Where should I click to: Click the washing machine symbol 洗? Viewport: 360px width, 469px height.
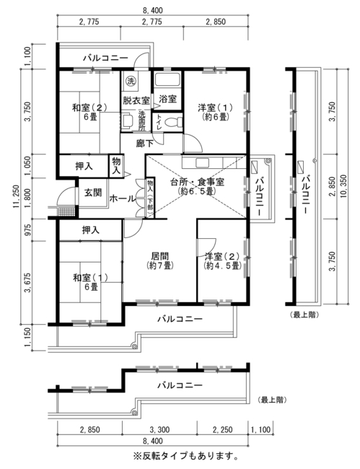pyautogui.click(x=130, y=81)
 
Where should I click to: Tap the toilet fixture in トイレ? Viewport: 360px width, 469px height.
pyautogui.click(x=173, y=122)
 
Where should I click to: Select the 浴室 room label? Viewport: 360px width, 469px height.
pyautogui.click(x=167, y=99)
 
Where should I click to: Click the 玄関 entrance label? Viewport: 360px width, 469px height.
pyautogui.click(x=93, y=193)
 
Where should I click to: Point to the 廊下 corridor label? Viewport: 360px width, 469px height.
pyautogui.click(x=145, y=144)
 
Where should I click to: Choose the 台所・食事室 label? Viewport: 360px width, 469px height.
pyautogui.click(x=197, y=182)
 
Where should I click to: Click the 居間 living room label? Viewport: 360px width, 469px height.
pyautogui.click(x=160, y=256)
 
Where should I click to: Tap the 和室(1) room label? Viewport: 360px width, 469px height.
pyautogui.click(x=90, y=278)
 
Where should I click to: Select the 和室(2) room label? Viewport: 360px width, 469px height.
pyautogui.click(x=89, y=108)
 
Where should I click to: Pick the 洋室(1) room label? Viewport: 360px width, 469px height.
pyautogui.click(x=215, y=107)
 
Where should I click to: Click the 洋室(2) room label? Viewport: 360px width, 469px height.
pyautogui.click(x=222, y=256)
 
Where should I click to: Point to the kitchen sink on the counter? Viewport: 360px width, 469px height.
pyautogui.click(x=203, y=162)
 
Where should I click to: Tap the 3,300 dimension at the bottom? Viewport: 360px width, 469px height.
pyautogui.click(x=159, y=430)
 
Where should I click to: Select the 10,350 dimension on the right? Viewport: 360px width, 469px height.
pyautogui.click(x=343, y=185)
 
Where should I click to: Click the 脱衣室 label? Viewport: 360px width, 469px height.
pyautogui.click(x=136, y=100)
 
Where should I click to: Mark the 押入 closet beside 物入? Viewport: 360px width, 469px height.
pyautogui.click(x=84, y=166)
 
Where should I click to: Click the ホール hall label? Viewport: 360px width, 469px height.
pyautogui.click(x=123, y=198)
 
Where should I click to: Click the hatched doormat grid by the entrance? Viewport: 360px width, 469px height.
pyautogui.click(x=66, y=211)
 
